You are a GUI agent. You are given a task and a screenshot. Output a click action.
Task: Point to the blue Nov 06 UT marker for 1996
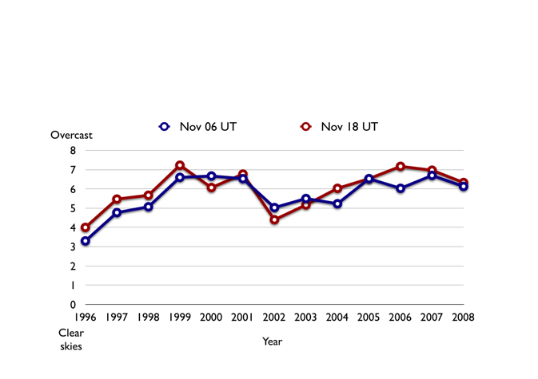click(x=86, y=240)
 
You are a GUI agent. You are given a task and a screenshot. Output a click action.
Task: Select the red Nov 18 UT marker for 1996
click(x=86, y=227)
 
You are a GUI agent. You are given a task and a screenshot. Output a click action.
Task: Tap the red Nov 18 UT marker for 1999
click(x=180, y=166)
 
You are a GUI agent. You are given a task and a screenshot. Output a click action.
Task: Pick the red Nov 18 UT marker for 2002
click(x=274, y=219)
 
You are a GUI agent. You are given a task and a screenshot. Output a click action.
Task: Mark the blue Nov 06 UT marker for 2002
click(x=274, y=207)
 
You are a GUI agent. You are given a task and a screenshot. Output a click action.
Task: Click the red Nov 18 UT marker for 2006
click(x=401, y=167)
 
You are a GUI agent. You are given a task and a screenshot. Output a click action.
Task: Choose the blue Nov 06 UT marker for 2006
click(x=401, y=188)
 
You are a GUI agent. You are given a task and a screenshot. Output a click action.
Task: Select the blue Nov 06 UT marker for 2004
click(x=337, y=203)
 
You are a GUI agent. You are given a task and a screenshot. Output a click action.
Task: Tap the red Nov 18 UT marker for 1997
click(x=117, y=199)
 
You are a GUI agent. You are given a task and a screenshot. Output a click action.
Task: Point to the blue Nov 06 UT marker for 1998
click(x=149, y=207)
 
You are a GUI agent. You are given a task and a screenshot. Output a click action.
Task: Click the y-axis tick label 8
click(x=73, y=151)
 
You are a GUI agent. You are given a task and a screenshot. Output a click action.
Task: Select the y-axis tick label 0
click(x=73, y=304)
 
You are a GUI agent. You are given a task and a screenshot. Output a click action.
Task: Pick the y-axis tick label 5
click(x=73, y=208)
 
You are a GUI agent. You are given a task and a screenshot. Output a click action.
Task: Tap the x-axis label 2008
click(x=463, y=318)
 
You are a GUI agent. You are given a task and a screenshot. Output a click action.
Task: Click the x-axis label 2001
click(x=242, y=318)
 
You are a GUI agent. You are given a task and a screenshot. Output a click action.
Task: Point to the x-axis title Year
click(x=273, y=341)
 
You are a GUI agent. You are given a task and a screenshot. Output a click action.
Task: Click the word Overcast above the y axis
click(x=72, y=135)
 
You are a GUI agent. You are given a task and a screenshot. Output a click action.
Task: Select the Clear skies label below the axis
click(x=71, y=339)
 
